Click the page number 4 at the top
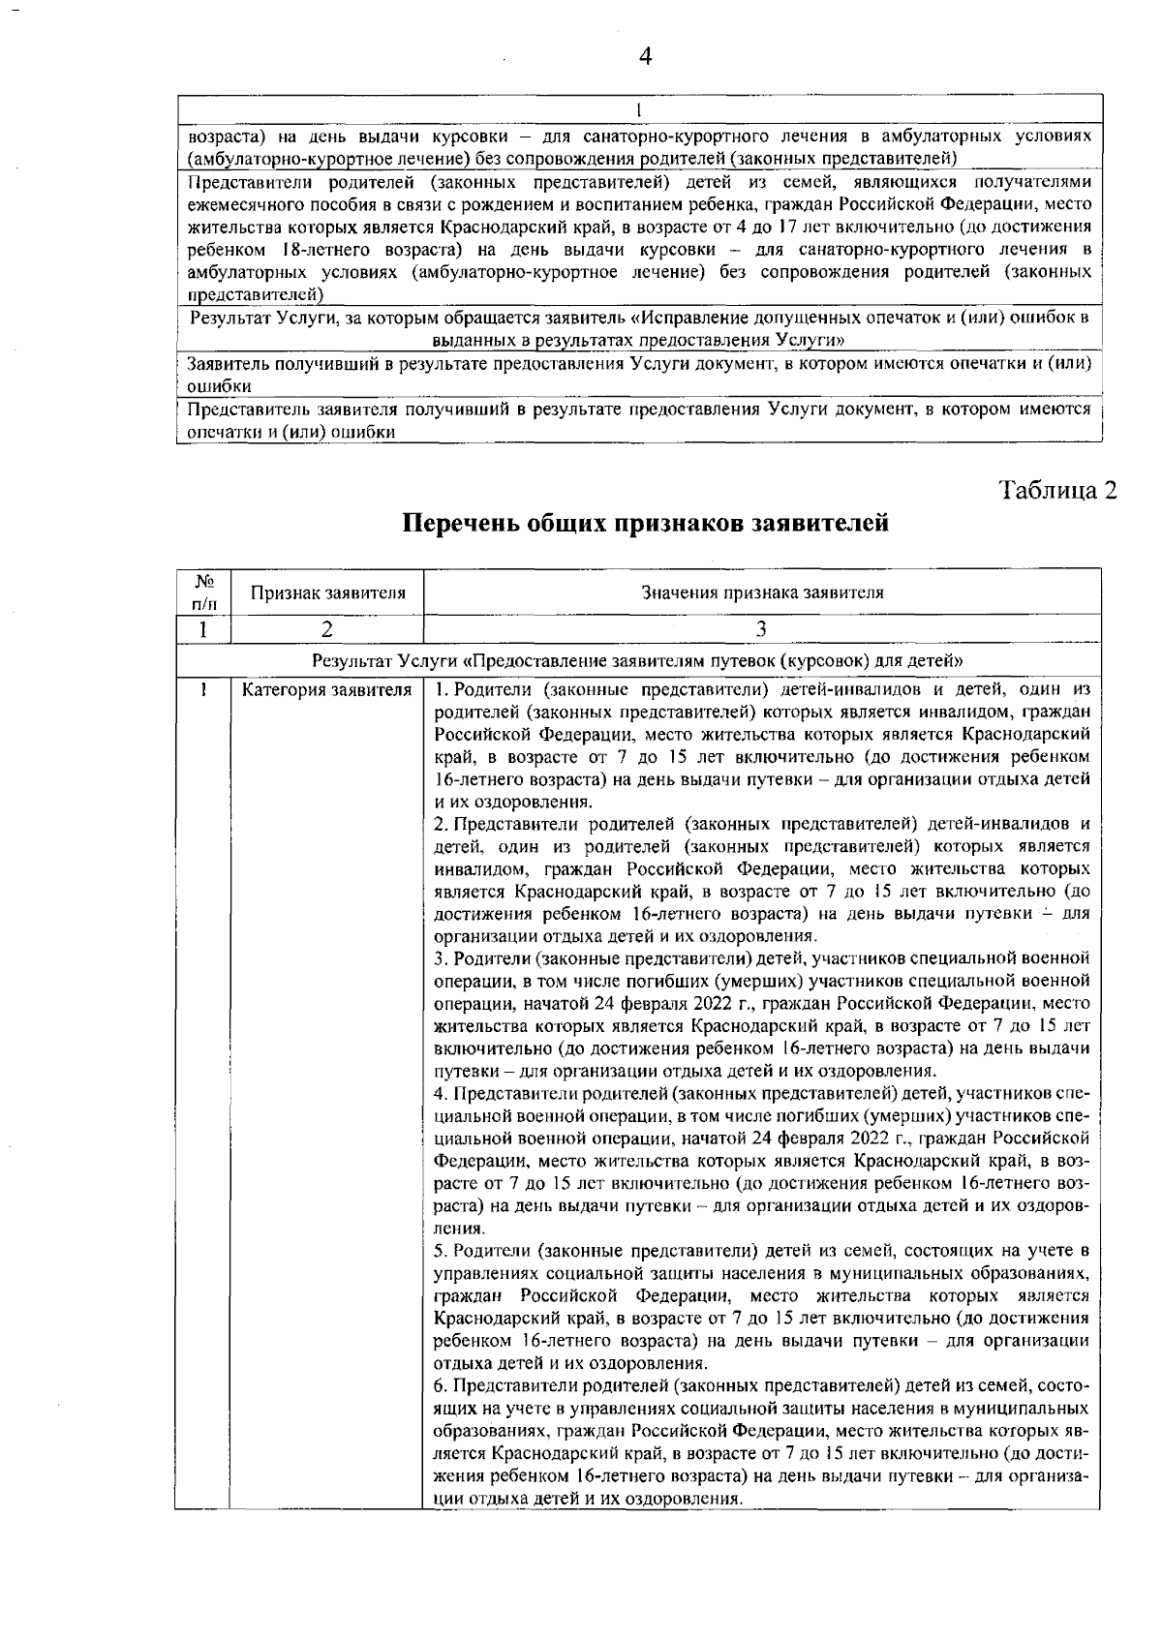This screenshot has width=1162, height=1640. (646, 55)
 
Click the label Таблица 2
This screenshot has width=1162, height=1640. (1057, 490)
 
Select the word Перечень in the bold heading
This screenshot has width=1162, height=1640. (460, 524)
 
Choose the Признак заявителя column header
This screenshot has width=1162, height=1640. (327, 592)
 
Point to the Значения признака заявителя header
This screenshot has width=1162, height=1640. (762, 592)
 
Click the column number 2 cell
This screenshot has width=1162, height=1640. (327, 629)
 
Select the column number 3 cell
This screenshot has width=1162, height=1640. (762, 629)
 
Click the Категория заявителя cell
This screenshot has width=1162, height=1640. (326, 690)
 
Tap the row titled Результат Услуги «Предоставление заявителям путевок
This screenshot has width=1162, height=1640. (637, 661)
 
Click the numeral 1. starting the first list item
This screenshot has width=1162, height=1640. (441, 690)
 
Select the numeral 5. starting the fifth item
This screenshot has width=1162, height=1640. (441, 1250)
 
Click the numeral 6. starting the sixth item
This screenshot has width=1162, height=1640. (441, 1385)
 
